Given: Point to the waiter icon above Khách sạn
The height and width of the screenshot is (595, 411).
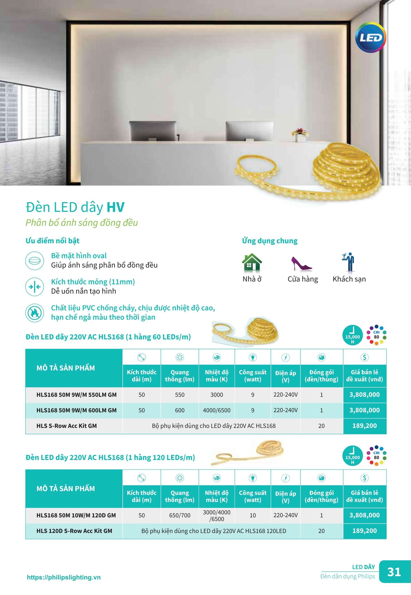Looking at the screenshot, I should (348, 262).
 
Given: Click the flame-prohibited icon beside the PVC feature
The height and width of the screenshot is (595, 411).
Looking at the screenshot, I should (35, 312).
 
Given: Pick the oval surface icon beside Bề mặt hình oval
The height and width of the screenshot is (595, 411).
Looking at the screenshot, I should (35, 260).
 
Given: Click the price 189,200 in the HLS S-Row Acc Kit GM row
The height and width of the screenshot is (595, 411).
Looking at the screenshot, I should (364, 426).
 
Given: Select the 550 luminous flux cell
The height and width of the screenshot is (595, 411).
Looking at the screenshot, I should (179, 395).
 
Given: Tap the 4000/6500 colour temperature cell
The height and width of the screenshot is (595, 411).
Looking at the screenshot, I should (217, 410).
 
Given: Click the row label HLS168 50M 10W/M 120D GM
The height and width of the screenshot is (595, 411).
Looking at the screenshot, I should (76, 515).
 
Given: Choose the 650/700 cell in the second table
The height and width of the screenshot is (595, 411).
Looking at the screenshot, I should (179, 515).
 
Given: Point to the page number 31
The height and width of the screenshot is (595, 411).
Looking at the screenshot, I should (394, 572).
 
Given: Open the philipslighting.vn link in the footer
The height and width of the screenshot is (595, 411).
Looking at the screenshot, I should (64, 578).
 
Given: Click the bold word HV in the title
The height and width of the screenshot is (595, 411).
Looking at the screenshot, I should (116, 207).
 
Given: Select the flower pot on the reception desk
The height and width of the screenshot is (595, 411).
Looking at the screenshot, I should (299, 134).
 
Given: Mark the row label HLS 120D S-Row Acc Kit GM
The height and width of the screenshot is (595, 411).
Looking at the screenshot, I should (74, 531).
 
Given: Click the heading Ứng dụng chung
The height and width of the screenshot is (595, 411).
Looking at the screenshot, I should (270, 241).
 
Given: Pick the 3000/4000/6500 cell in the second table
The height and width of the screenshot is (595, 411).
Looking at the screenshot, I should (217, 515).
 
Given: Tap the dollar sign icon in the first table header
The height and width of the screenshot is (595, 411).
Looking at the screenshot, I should (364, 357).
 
